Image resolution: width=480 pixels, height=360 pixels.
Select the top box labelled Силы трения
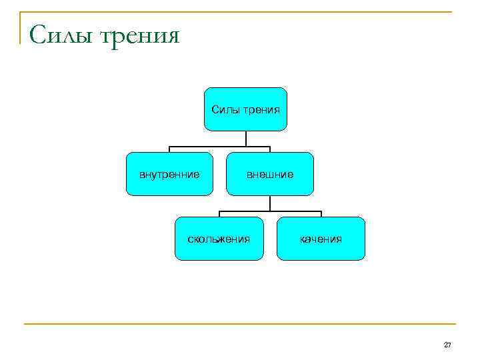coord(245,109)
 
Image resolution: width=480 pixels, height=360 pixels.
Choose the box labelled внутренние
coord(169,174)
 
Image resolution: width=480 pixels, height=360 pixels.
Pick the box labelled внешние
coord(269,174)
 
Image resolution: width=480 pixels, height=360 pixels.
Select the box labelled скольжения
coord(219,238)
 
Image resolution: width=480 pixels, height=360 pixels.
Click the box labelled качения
coord(321,238)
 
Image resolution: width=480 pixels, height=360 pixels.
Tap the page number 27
coord(447,345)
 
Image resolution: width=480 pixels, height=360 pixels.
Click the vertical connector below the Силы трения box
coord(246,138)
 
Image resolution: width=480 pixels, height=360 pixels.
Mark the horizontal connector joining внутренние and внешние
coord(219,147)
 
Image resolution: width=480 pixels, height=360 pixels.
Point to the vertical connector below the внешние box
coord(269,203)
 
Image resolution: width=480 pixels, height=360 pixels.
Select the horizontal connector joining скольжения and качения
coord(270,211)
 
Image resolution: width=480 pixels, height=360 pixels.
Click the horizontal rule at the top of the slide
coord(240,12)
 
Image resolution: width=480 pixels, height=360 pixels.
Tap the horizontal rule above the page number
coord(240,325)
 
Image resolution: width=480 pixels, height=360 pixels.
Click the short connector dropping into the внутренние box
coord(169,149)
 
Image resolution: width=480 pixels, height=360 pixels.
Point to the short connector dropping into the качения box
coord(321,214)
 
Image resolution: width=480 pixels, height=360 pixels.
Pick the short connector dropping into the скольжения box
coord(220,214)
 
